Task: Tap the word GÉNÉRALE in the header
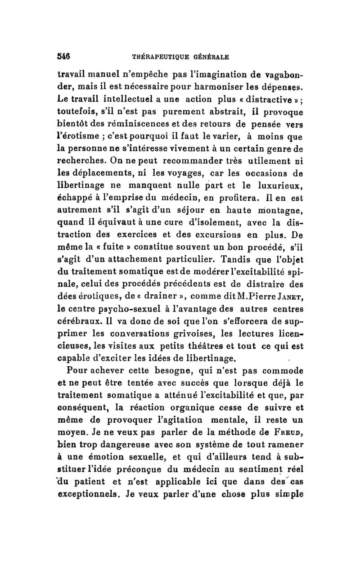pyautogui.click(x=211, y=58)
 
